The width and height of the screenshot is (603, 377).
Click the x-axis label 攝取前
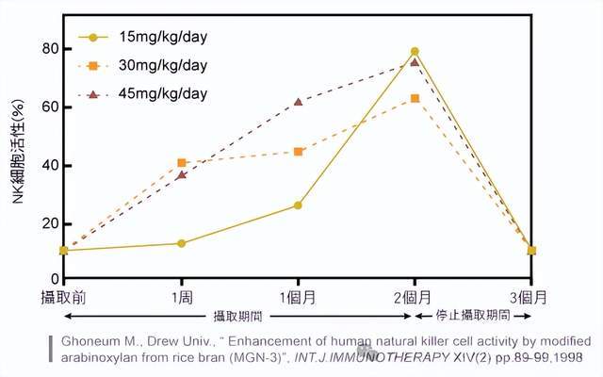click(x=63, y=297)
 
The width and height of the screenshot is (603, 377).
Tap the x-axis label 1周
click(x=181, y=297)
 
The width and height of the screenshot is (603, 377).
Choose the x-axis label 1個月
click(x=298, y=297)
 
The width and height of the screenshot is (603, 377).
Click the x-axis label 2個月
click(x=415, y=297)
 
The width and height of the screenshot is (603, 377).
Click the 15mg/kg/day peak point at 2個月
click(x=415, y=52)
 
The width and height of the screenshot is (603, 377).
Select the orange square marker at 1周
click(x=182, y=163)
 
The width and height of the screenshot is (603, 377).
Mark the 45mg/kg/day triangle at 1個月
click(x=298, y=102)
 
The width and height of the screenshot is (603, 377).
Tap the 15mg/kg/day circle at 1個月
click(x=298, y=205)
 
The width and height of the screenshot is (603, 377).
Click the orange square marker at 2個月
click(x=415, y=98)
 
